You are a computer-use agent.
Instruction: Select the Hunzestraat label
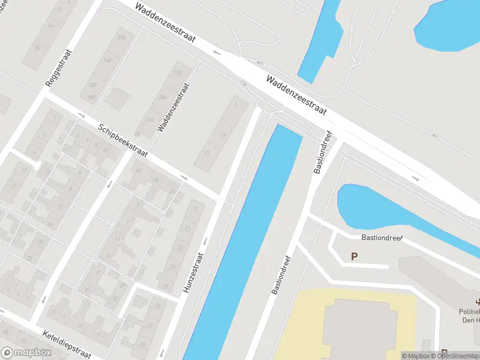click(x=193, y=274)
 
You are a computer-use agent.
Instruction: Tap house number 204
click(x=163, y=97)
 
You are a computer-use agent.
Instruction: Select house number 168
click(x=107, y=60)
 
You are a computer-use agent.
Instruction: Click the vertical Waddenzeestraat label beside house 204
click(x=174, y=107)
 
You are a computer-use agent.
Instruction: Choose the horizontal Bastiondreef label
click(x=382, y=238)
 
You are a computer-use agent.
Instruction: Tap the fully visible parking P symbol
click(x=354, y=257)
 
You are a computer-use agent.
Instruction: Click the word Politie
click(x=469, y=311)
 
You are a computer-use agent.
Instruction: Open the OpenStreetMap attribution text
click(x=458, y=356)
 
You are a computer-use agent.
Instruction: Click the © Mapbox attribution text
click(x=415, y=356)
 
